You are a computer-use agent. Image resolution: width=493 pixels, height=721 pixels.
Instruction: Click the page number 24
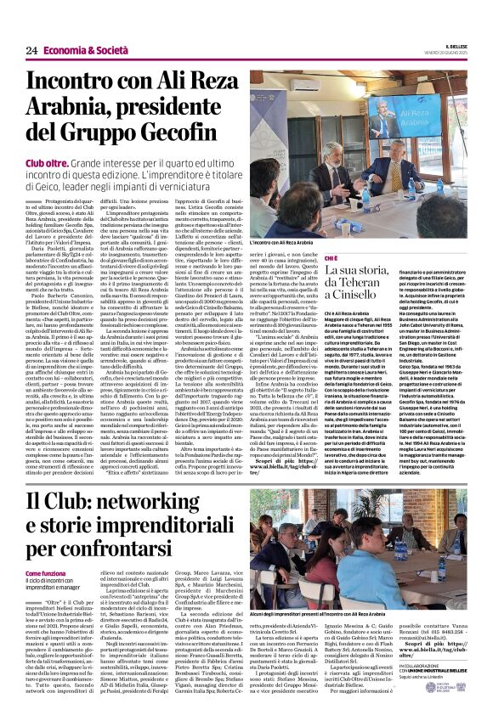pos(31,50)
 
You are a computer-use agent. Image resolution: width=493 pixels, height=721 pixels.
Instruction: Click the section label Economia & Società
pos(82,50)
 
